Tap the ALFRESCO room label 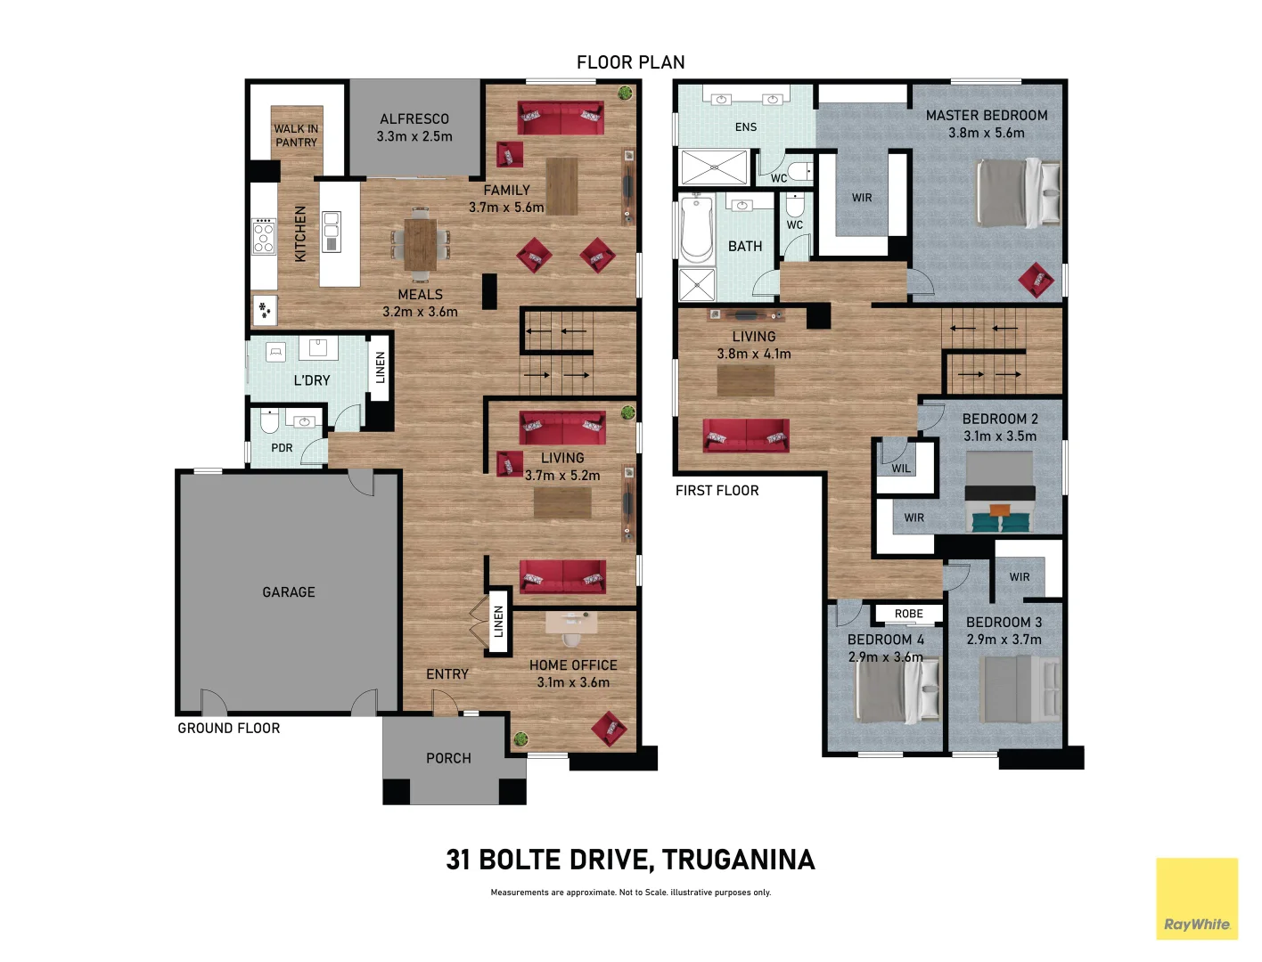pos(414,119)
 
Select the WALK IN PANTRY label pos(296,135)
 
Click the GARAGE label pos(288,592)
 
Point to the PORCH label pos(448,758)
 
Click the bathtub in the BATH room pos(697,229)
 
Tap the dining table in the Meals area pos(420,243)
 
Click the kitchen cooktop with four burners pos(264,236)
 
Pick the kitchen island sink pos(332,232)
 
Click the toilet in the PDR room pos(269,420)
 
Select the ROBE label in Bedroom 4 pos(908,614)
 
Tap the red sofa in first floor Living pos(745,436)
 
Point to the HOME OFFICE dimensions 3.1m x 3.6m pos(573,682)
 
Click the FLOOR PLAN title pos(630,62)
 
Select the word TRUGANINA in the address pos(738,860)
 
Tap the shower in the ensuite pos(714,167)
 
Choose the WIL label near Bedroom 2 pos(901,469)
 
